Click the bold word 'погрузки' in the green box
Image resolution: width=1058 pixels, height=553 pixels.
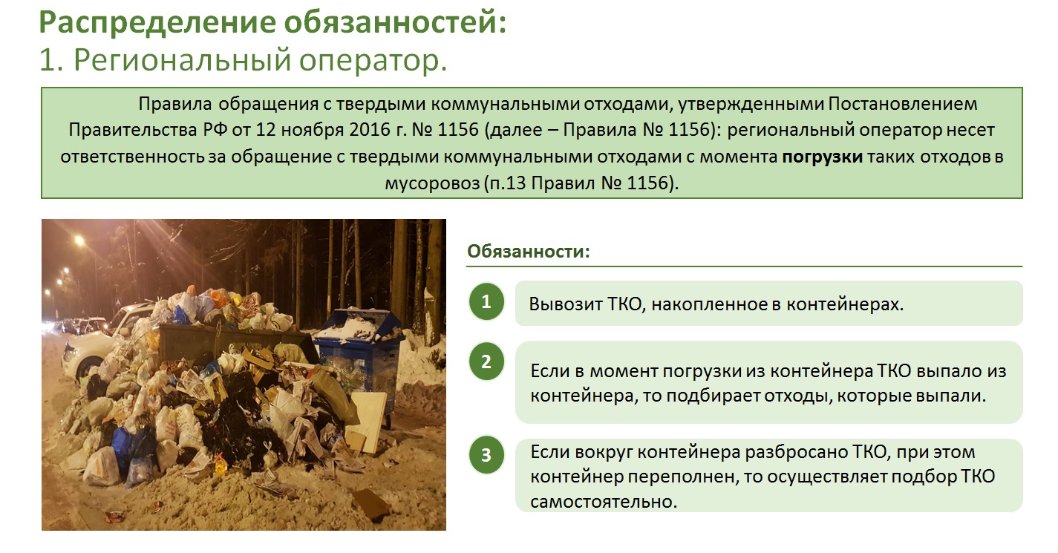click(823, 157)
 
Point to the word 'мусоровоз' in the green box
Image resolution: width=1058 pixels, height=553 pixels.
click(432, 183)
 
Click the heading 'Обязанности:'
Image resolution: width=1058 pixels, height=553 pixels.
click(529, 251)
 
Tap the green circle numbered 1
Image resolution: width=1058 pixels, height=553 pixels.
click(486, 301)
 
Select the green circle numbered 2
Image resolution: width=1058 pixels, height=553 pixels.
click(486, 361)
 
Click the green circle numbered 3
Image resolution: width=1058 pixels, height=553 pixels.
click(486, 455)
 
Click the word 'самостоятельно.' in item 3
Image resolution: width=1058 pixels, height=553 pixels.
click(604, 501)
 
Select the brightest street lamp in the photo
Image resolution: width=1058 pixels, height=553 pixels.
click(79, 240)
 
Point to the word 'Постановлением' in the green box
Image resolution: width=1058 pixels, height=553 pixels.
click(903, 103)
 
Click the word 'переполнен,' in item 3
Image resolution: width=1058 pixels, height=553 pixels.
click(680, 477)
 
